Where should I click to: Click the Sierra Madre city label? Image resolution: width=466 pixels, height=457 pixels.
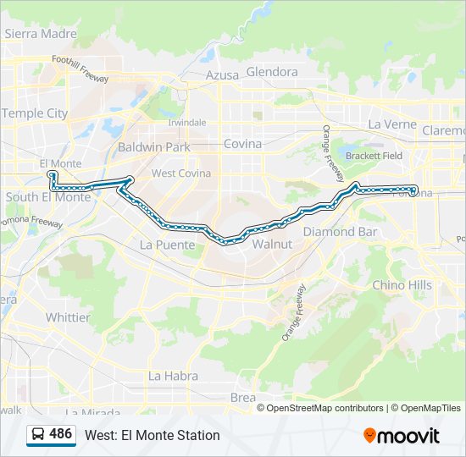(x=41, y=34)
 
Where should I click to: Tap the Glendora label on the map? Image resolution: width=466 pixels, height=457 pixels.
(x=272, y=72)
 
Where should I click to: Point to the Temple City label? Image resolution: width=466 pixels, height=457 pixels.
(x=35, y=113)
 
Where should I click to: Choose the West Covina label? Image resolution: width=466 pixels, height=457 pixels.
(x=180, y=173)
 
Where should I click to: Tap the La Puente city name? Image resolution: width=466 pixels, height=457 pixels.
(x=167, y=245)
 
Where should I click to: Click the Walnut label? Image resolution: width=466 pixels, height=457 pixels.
(x=272, y=244)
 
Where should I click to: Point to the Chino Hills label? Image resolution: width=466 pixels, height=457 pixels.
(x=402, y=285)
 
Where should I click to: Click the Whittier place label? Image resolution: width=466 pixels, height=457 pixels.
(x=68, y=317)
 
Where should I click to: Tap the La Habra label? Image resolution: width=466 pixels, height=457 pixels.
(x=173, y=376)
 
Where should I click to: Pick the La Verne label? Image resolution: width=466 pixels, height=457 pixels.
(x=392, y=124)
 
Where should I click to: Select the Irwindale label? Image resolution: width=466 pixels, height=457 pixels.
(x=186, y=122)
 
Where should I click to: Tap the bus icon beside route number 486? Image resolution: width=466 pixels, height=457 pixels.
(x=39, y=434)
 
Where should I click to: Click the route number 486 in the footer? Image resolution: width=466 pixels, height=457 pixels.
(x=61, y=434)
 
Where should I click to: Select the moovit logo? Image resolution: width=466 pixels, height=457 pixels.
(x=402, y=435)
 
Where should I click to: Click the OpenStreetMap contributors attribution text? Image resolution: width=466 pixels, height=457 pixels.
(x=326, y=408)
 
